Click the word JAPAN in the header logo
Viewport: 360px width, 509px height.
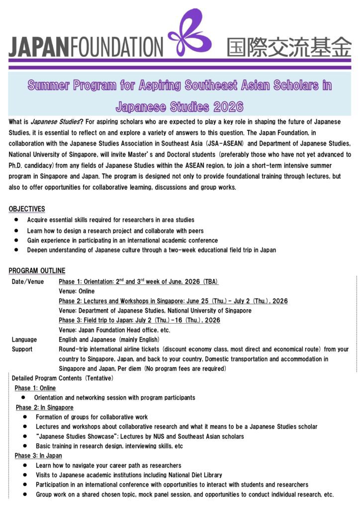click(x=39, y=47)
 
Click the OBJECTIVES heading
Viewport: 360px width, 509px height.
click(x=27, y=209)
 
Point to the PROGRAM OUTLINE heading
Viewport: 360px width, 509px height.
click(x=37, y=271)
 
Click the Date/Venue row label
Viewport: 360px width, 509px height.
click(x=28, y=282)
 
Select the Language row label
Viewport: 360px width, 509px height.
click(x=24, y=339)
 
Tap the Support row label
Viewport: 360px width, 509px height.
click(x=22, y=349)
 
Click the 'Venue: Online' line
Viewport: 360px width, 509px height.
click(x=77, y=291)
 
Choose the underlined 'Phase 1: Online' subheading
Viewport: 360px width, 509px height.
click(x=35, y=388)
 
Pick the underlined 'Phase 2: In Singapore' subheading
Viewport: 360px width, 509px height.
click(x=45, y=408)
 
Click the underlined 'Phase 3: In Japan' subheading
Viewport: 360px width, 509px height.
click(x=39, y=456)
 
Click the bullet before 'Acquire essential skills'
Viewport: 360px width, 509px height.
click(x=16, y=220)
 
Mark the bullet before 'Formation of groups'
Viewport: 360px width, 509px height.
click(x=25, y=417)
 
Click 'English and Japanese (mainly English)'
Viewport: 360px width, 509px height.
click(x=107, y=339)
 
